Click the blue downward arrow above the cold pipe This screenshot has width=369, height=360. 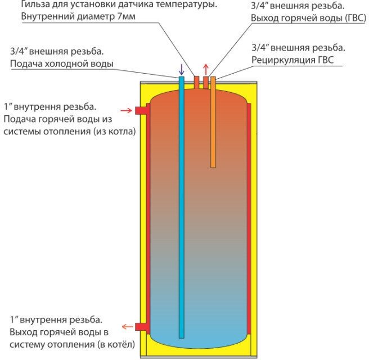181,69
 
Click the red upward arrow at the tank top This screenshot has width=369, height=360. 205,69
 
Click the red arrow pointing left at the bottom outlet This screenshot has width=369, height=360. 128,326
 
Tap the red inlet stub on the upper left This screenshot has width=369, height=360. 141,110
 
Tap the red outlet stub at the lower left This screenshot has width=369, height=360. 141,326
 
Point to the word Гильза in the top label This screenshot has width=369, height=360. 35,4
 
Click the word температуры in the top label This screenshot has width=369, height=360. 186,4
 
